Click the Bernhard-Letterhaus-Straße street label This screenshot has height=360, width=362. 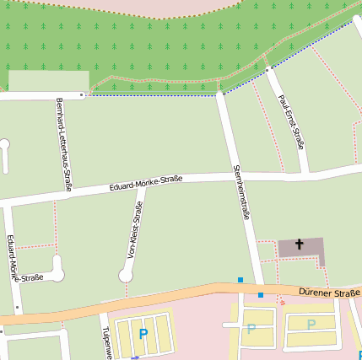62,144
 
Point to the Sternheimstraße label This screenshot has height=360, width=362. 240,191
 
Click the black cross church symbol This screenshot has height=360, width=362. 299,245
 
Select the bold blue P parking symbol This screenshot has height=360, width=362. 143,335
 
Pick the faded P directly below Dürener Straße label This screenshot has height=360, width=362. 311,325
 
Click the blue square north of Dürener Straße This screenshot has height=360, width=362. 240,280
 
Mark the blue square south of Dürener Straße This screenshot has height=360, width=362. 261,295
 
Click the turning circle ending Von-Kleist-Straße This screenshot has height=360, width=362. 127,274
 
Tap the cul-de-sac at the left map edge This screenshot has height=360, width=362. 4,145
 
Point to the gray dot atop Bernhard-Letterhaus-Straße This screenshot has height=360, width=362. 82,95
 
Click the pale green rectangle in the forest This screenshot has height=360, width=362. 48,81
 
